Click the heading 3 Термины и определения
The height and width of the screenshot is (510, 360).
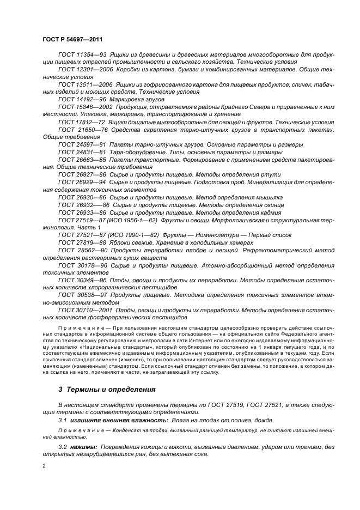click(x=99, y=390)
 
